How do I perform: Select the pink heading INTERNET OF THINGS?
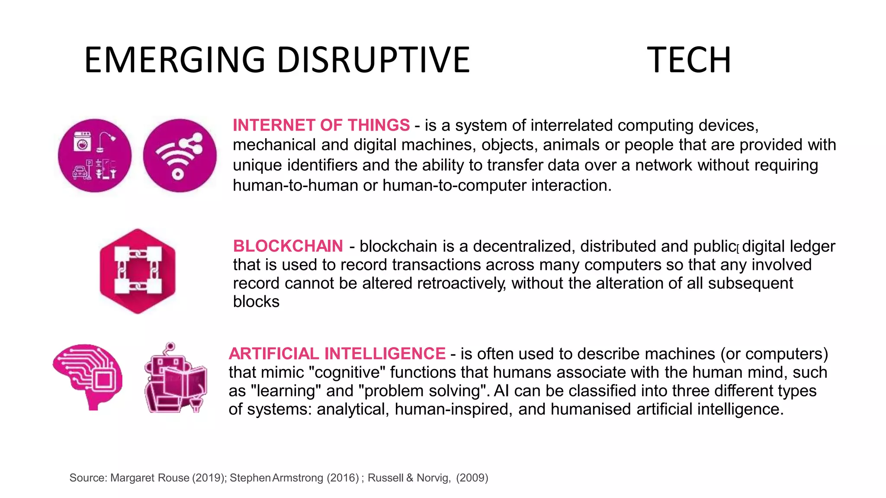(321, 125)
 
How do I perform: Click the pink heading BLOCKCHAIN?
(288, 246)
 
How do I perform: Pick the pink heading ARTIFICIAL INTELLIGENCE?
(337, 354)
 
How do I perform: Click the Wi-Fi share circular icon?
(180, 156)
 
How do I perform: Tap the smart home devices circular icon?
(95, 156)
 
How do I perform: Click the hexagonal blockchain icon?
(138, 271)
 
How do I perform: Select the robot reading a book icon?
(175, 378)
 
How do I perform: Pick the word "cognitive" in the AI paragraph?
(341, 372)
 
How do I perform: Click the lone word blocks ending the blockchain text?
(256, 302)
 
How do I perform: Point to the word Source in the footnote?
(88, 478)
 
